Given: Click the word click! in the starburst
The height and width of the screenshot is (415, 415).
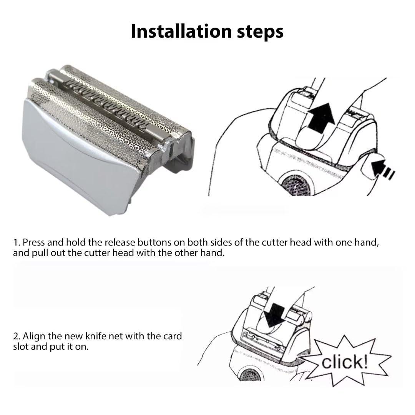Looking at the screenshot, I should pyautogui.click(x=345, y=362).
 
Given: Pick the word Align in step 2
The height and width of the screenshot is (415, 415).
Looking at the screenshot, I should pyautogui.click(x=33, y=336).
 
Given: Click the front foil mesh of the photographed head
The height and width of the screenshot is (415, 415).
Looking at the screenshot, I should pyautogui.click(x=96, y=115).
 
